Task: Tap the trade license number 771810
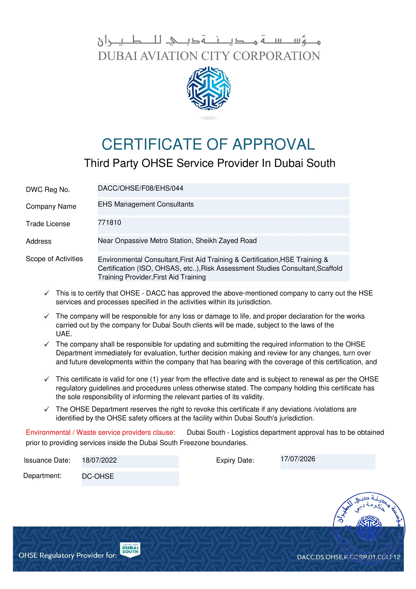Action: [x=109, y=222]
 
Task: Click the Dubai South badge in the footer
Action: [x=130, y=550]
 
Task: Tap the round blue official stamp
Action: [x=369, y=528]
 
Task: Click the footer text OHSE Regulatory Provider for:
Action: [x=68, y=555]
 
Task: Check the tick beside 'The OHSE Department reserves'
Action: [x=47, y=409]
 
